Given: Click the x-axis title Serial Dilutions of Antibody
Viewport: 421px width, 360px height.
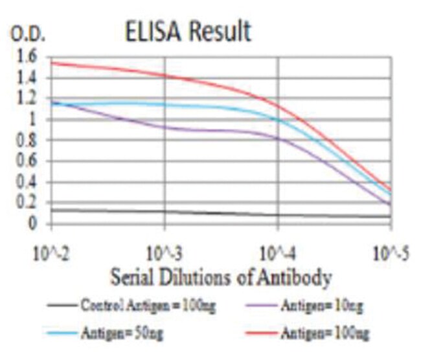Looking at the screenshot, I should tap(222, 278).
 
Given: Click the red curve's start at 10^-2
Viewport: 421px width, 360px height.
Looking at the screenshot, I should tap(52, 63).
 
